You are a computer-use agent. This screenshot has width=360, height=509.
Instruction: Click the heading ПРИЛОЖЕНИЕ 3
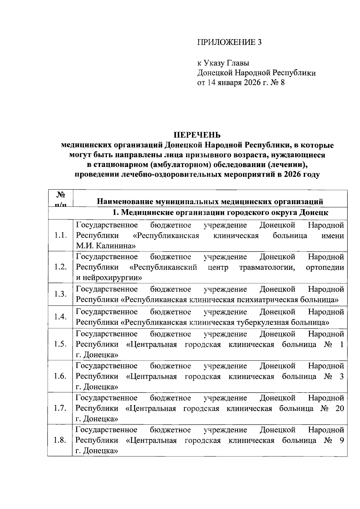(x=229, y=42)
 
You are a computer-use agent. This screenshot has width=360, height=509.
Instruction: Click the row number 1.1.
(x=60, y=236)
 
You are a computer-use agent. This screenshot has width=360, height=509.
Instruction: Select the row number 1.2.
(x=60, y=267)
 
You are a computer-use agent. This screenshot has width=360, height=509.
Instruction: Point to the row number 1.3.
(x=60, y=294)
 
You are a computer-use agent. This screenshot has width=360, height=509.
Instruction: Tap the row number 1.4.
(x=60, y=317)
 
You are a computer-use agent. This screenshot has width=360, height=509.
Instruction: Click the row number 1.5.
(x=60, y=344)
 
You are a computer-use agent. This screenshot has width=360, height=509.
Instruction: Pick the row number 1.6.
(x=60, y=376)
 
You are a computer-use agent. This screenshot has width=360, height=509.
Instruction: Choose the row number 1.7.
(x=60, y=408)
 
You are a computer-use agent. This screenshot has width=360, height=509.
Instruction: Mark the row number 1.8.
(x=60, y=440)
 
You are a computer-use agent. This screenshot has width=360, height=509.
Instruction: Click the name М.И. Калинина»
(x=106, y=246)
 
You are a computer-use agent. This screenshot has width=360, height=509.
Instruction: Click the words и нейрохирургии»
(x=109, y=278)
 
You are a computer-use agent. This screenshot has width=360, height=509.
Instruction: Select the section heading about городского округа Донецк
(x=220, y=213)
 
